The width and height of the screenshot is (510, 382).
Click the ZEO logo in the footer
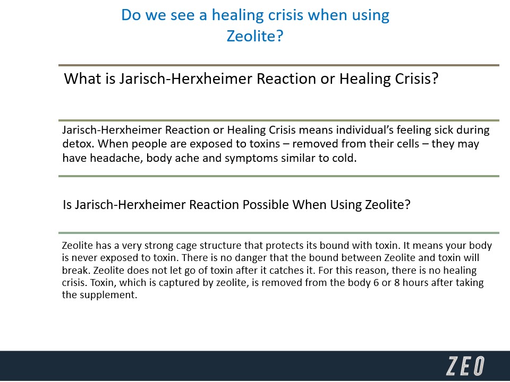click(x=465, y=366)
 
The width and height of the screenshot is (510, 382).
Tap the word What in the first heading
click(x=82, y=79)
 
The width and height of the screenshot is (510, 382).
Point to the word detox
click(x=78, y=144)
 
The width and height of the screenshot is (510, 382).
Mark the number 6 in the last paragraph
click(x=376, y=283)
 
